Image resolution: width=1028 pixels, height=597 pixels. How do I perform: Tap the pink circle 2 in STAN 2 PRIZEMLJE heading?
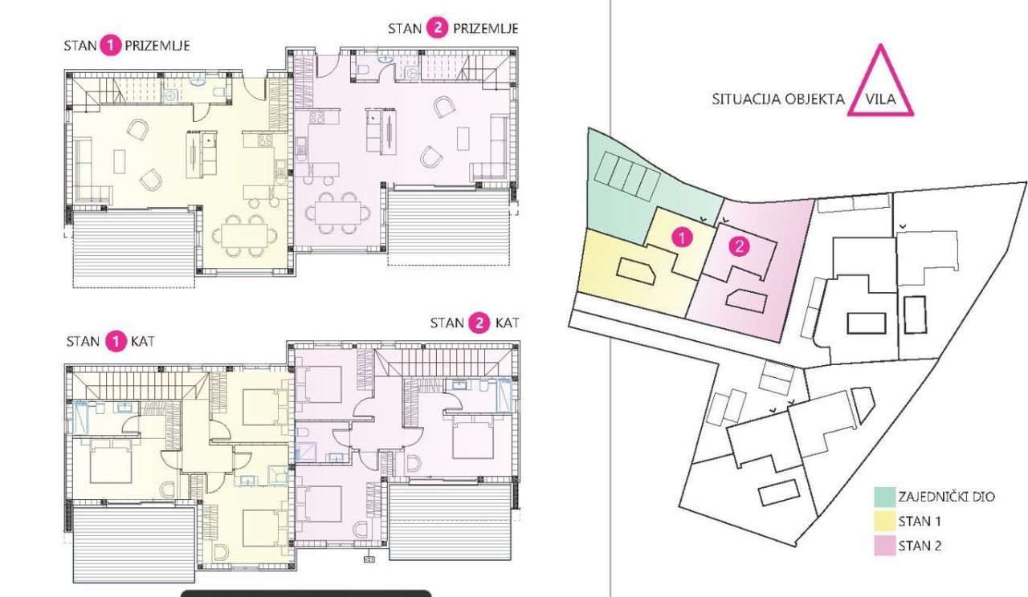pos(438,28)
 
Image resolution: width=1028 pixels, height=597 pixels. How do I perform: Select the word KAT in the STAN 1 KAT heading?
pos(142,341)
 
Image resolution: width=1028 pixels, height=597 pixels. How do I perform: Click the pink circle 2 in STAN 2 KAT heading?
pos(479,323)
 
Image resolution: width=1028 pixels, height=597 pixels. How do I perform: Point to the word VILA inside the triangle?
pos(881,101)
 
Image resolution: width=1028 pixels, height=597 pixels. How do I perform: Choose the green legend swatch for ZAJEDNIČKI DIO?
pos(883,497)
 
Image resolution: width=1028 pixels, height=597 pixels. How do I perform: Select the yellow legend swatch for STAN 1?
pos(883,522)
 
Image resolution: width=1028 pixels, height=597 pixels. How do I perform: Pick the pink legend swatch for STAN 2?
pos(883,546)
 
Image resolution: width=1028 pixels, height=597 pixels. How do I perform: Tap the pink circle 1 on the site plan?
pos(681,238)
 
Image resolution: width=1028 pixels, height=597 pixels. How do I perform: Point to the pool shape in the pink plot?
pos(744,300)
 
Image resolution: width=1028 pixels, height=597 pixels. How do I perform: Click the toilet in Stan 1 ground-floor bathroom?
pos(218,92)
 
